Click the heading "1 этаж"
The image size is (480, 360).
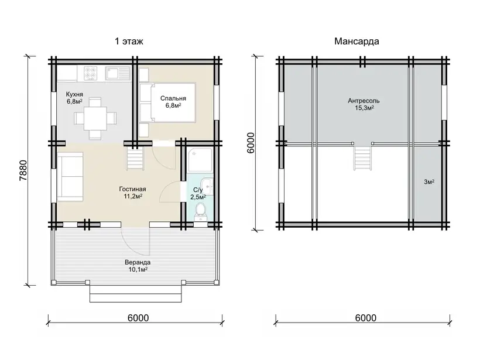(x=129, y=41)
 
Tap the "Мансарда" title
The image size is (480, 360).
(x=356, y=41)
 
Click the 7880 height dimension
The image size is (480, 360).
(x=23, y=170)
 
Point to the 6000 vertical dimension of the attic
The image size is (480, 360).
(x=251, y=143)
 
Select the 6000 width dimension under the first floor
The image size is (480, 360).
(x=138, y=318)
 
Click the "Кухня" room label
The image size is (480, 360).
(x=74, y=94)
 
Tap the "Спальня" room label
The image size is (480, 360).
(x=173, y=98)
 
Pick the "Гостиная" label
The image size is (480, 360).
(x=132, y=189)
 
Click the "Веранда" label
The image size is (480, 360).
(x=138, y=262)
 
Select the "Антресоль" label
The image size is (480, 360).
(x=364, y=101)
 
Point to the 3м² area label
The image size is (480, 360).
(x=429, y=182)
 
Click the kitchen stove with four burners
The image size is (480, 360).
(x=91, y=73)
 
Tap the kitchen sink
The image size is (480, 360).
(x=118, y=73)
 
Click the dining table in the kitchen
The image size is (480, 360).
(x=95, y=118)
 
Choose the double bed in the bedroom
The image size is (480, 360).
(x=167, y=102)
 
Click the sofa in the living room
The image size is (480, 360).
(x=70, y=177)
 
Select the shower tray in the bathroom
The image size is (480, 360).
(x=200, y=160)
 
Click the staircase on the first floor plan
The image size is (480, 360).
(x=135, y=157)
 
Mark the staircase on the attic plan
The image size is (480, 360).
(x=363, y=157)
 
